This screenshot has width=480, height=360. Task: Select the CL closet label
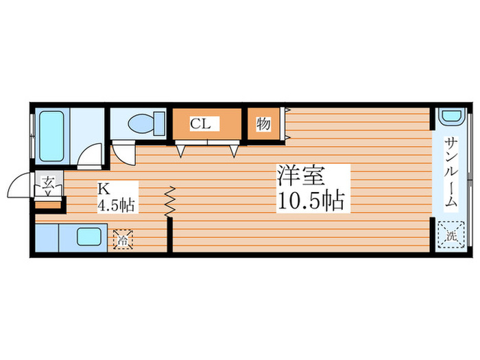pyautogui.click(x=200, y=124)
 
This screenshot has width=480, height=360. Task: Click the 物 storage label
pyautogui.click(x=263, y=124)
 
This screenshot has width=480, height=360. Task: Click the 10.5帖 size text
pyautogui.click(x=310, y=202)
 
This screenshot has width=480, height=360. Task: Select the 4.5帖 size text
pyautogui.click(x=117, y=204)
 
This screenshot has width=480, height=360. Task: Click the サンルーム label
pyautogui.click(x=451, y=172)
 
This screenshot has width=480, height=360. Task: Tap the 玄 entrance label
pyautogui.click(x=48, y=182)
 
